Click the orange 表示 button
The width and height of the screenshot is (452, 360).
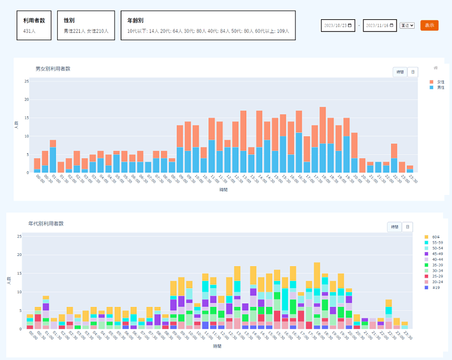tap(429, 25)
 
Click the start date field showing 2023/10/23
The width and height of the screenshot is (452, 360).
tap(338, 25)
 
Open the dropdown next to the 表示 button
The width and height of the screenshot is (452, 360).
tap(407, 25)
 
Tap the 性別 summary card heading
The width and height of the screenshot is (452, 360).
tap(69, 20)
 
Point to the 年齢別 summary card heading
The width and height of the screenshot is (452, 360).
tap(135, 20)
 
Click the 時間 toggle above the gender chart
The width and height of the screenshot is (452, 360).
tap(400, 72)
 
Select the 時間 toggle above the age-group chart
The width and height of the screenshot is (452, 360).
tap(394, 227)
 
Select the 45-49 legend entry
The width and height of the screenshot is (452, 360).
tap(436, 254)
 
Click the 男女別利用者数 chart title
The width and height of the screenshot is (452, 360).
tap(53, 68)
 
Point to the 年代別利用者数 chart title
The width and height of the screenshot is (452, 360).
tap(46, 224)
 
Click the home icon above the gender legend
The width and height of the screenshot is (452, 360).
tap(436, 68)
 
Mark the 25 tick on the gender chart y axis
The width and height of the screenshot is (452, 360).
tap(27, 81)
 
